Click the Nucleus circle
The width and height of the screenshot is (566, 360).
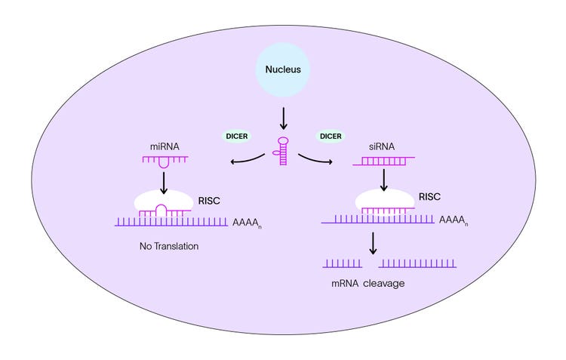pos(283,69)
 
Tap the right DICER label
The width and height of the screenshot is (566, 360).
pos(329,136)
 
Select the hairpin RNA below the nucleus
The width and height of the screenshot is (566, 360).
pos(283,151)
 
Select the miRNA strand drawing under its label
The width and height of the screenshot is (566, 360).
pos(165,162)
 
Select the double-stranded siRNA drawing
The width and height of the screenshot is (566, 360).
pos(383,161)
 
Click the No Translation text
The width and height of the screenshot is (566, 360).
pos(169,246)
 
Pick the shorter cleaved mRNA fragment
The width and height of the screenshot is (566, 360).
pos(343,263)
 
